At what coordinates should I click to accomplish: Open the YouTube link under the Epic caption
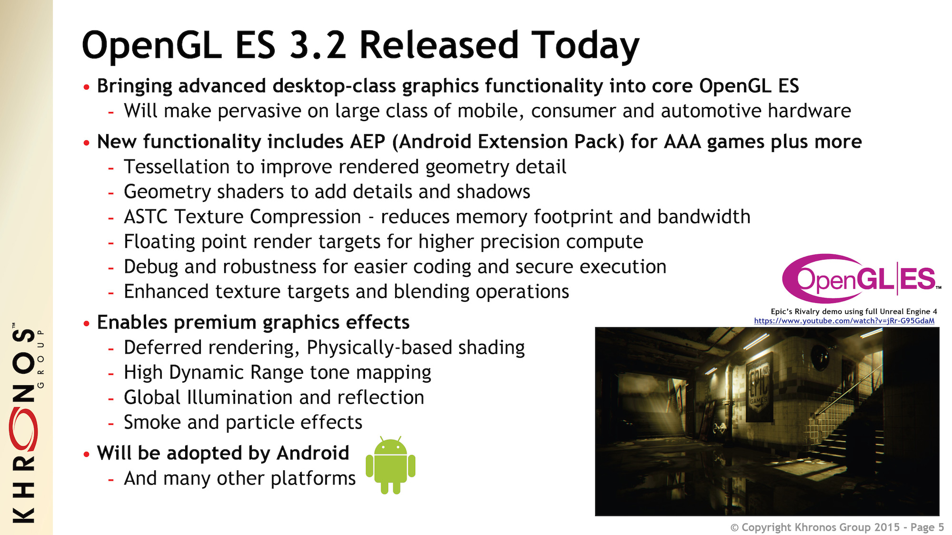(x=844, y=321)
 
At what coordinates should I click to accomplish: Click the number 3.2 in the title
(x=317, y=45)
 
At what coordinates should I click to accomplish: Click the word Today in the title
(x=585, y=46)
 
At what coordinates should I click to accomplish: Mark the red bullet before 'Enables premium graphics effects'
(x=86, y=324)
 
